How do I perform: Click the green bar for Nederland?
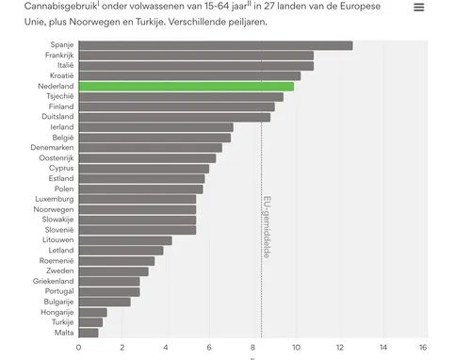[x=187, y=86]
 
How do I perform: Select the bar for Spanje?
[x=216, y=45]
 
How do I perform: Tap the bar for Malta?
[x=89, y=332]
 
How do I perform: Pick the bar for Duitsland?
[x=174, y=117]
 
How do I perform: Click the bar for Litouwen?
[x=125, y=240]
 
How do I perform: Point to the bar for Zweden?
[x=114, y=270]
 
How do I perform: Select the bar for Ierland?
[x=155, y=126]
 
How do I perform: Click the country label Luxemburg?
[x=54, y=199]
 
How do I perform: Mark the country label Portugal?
[x=58, y=291]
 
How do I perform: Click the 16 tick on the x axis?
[x=425, y=347]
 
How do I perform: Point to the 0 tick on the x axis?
[x=79, y=347]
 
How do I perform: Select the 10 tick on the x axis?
[x=296, y=347]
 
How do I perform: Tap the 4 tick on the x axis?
[x=166, y=347]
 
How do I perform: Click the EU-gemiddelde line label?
[x=267, y=227]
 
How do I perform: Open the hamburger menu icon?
[x=418, y=8]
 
